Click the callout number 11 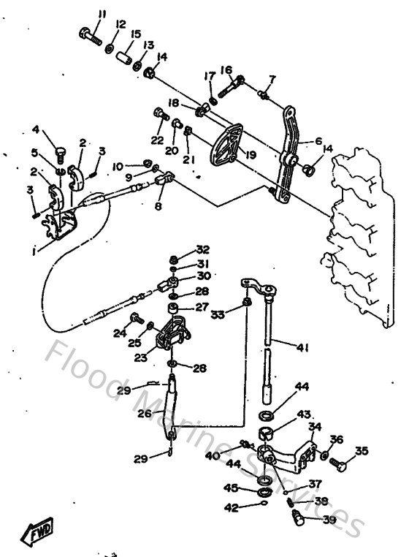click(x=102, y=13)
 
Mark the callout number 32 click(x=202, y=249)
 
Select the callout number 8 click(x=158, y=207)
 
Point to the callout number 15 click(x=136, y=34)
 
